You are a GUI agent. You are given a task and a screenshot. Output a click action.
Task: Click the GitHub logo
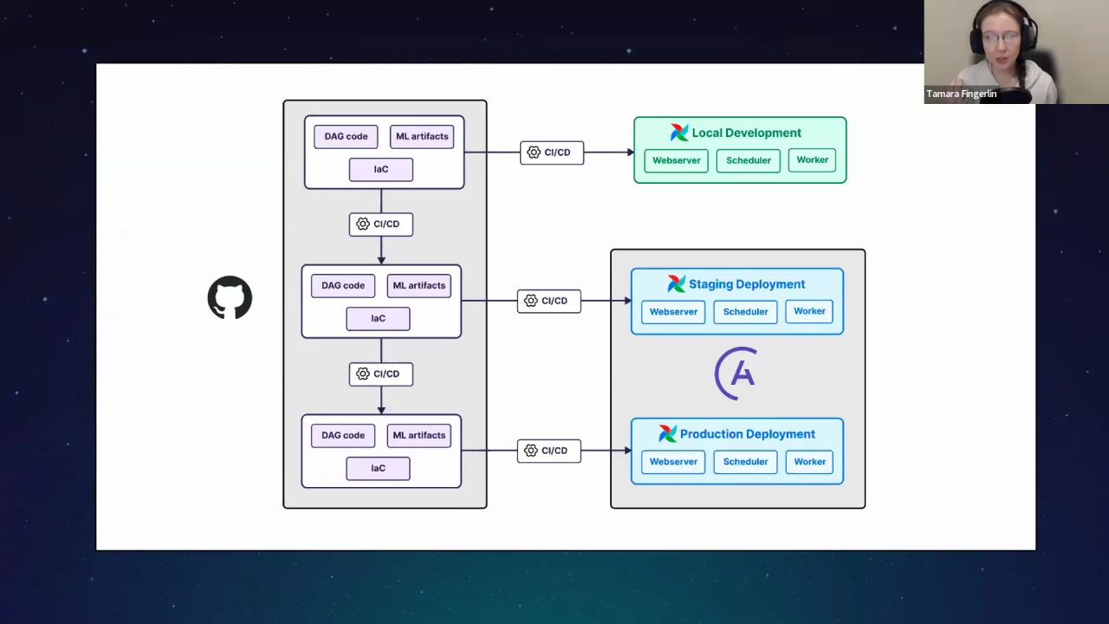[230, 298]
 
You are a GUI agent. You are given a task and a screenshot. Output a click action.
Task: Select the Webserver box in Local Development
[676, 160]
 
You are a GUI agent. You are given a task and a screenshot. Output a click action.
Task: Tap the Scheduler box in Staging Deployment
[745, 312]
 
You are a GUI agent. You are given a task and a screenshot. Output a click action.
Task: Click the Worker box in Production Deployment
[809, 462]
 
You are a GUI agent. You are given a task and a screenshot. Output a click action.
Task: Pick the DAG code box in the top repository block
[346, 136]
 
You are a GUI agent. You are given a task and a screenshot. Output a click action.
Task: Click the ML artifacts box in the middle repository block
[418, 286]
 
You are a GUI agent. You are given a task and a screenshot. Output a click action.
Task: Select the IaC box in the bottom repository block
[378, 469]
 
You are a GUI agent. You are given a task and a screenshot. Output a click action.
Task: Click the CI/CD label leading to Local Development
[551, 153]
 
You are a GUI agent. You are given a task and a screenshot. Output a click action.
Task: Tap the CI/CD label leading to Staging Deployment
[548, 301]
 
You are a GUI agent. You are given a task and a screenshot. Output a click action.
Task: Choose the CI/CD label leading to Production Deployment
[548, 451]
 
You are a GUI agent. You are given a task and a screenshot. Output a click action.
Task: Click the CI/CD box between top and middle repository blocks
[380, 224]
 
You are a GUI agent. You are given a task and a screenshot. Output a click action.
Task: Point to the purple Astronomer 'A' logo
[736, 374]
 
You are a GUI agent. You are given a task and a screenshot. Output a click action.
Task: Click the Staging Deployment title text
[746, 284]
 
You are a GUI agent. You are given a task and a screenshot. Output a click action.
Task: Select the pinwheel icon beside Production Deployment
[667, 434]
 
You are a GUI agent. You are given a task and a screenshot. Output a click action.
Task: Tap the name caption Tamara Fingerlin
[962, 94]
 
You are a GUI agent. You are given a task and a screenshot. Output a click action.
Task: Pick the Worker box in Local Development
[812, 160]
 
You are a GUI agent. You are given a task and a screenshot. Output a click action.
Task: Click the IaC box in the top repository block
[380, 170]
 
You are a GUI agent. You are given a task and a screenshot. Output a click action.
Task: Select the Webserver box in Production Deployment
[673, 462]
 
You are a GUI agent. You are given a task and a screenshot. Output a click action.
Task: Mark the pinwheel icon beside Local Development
[679, 133]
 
